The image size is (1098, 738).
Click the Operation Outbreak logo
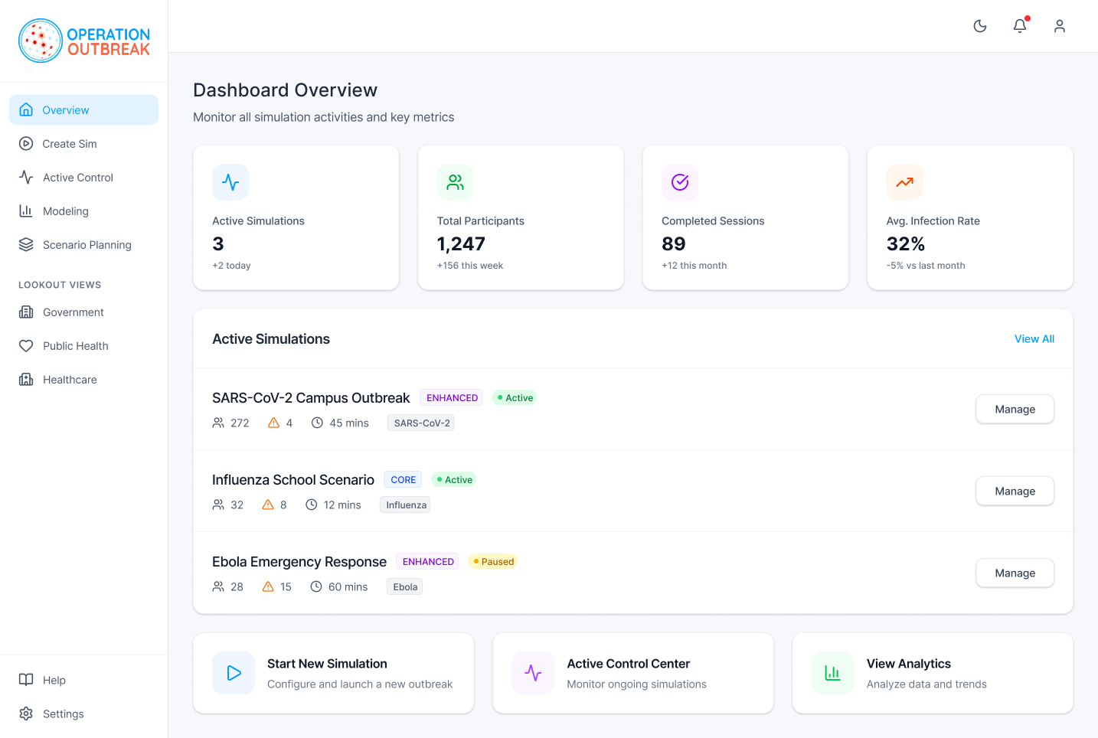tap(84, 41)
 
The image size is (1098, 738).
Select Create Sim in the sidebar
tap(69, 144)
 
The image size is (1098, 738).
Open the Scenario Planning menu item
tap(87, 245)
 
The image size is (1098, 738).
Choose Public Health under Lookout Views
tap(75, 346)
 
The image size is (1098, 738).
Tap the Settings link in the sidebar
tap(63, 714)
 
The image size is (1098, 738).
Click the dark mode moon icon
tap(980, 26)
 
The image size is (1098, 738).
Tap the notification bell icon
tap(1020, 26)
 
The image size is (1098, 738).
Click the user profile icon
tap(1060, 26)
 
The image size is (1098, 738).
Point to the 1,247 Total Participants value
tap(461, 244)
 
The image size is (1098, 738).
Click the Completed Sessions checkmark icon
tap(680, 182)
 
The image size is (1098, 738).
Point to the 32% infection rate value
tap(906, 244)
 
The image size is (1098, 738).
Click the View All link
tap(1034, 339)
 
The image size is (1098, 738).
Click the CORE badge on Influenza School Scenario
tap(403, 480)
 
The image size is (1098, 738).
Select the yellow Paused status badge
tap(493, 562)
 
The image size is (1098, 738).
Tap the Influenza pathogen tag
tap(406, 505)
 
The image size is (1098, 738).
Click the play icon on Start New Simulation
tap(234, 673)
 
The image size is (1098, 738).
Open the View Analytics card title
tap(908, 664)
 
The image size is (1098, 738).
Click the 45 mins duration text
tap(348, 423)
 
